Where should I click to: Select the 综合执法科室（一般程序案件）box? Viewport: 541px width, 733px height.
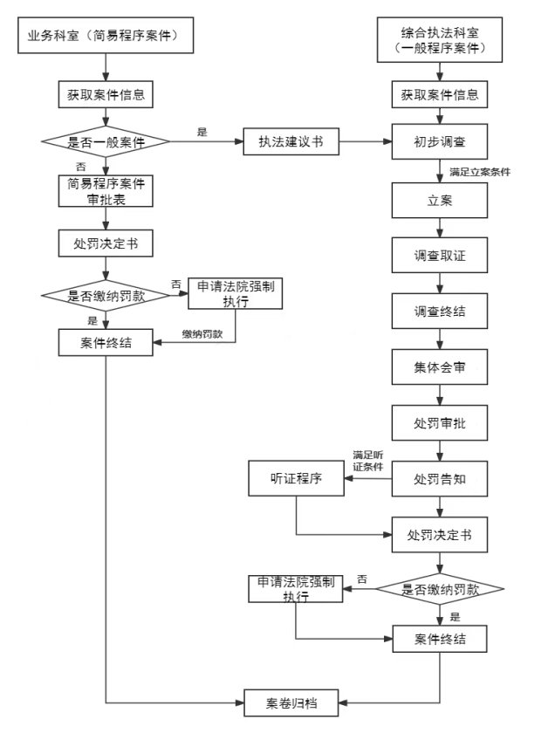pos(439,41)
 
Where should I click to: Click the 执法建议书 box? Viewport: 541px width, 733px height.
pos(291,142)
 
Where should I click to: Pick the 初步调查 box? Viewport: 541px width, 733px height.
pos(439,142)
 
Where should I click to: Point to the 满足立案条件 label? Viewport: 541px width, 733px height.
pos(480,172)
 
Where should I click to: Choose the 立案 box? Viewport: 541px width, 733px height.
pos(439,201)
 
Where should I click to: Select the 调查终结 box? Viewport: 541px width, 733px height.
pos(439,311)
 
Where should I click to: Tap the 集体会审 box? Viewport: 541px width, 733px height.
pos(439,367)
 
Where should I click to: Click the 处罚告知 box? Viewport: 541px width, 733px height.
pos(439,478)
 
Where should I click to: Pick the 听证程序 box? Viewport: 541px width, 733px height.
pos(298,478)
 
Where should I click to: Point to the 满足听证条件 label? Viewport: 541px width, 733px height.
pos(368,461)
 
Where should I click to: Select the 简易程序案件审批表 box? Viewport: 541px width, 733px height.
pos(106,191)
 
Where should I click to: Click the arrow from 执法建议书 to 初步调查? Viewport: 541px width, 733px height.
pos(365,142)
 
